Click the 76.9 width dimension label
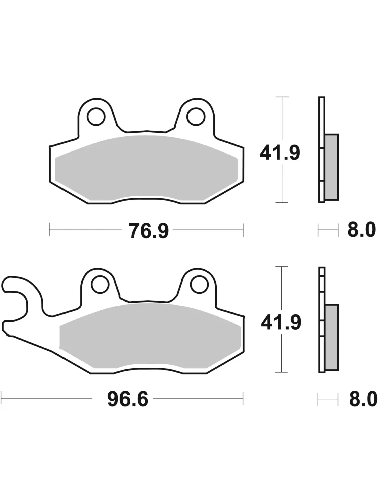[149, 231]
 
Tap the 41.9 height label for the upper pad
[280, 153]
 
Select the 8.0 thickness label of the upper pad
[361, 230]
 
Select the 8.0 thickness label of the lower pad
[362, 399]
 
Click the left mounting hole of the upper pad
[96, 117]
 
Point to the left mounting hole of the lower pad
[99, 284]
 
